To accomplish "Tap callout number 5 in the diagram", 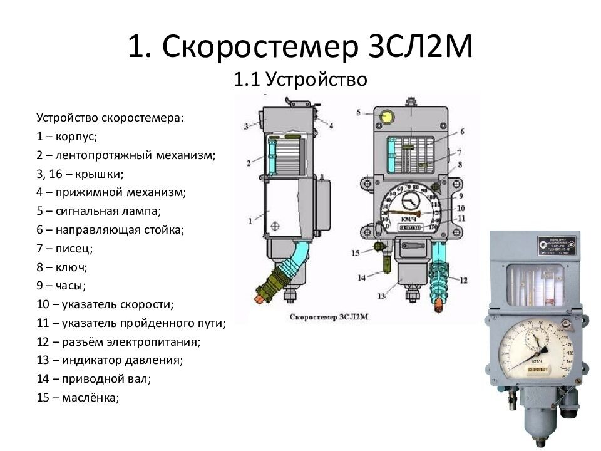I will pyautogui.click(x=359, y=113).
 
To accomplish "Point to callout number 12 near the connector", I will pyautogui.click(x=463, y=280).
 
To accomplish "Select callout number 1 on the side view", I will pyautogui.click(x=250, y=220).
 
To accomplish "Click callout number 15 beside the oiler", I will pyautogui.click(x=355, y=252).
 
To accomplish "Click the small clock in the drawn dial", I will pyautogui.click(x=412, y=202).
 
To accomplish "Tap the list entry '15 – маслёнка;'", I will pyautogui.click(x=78, y=397).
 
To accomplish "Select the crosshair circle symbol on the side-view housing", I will pyautogui.click(x=276, y=224).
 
